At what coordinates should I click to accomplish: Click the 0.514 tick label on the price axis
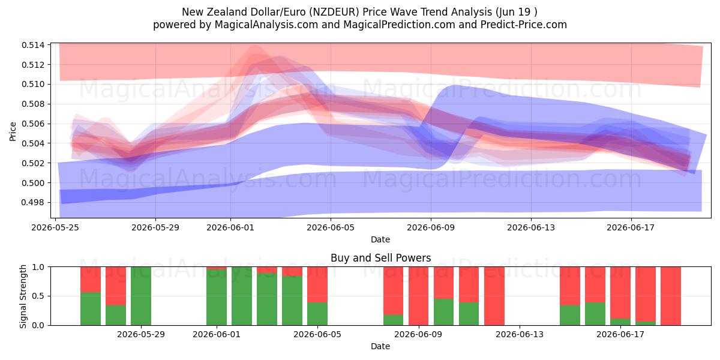point(33,45)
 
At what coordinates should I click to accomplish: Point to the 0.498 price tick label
point(33,203)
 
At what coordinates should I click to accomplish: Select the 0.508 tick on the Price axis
point(33,104)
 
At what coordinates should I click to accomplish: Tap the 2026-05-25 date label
point(55,227)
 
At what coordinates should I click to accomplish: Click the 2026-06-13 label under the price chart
point(531,227)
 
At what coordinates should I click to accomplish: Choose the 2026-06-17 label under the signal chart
point(620,334)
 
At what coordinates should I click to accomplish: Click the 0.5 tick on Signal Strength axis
point(38,296)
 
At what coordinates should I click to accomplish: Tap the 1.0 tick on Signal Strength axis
point(38,267)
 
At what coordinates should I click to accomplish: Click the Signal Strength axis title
point(23,296)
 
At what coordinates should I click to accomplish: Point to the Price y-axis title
point(13,131)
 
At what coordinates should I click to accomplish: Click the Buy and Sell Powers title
point(380,258)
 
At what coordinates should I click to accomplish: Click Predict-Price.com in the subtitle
point(524,25)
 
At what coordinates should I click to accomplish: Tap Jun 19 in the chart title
point(513,12)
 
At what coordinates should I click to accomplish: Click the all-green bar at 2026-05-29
point(141,296)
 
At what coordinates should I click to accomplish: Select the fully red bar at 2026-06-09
point(419,296)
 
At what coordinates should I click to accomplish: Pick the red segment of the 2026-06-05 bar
point(317,284)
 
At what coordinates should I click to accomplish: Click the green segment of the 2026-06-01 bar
point(217,298)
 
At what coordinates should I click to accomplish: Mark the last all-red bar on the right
point(671,296)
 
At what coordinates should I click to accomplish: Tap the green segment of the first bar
point(91,308)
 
